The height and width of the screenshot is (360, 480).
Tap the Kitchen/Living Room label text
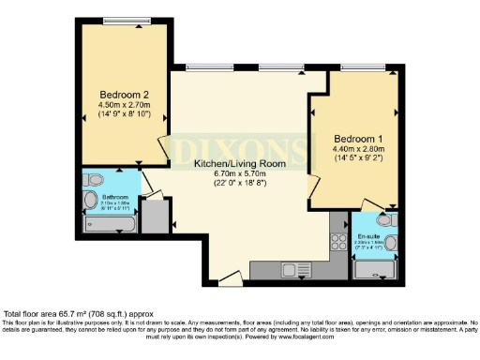click(238, 163)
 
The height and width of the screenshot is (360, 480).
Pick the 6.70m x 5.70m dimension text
click(238, 173)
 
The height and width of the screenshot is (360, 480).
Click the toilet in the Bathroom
click(90, 201)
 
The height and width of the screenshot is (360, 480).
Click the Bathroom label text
click(115, 196)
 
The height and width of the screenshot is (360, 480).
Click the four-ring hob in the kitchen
click(337, 241)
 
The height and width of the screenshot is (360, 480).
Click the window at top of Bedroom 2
click(124, 21)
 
